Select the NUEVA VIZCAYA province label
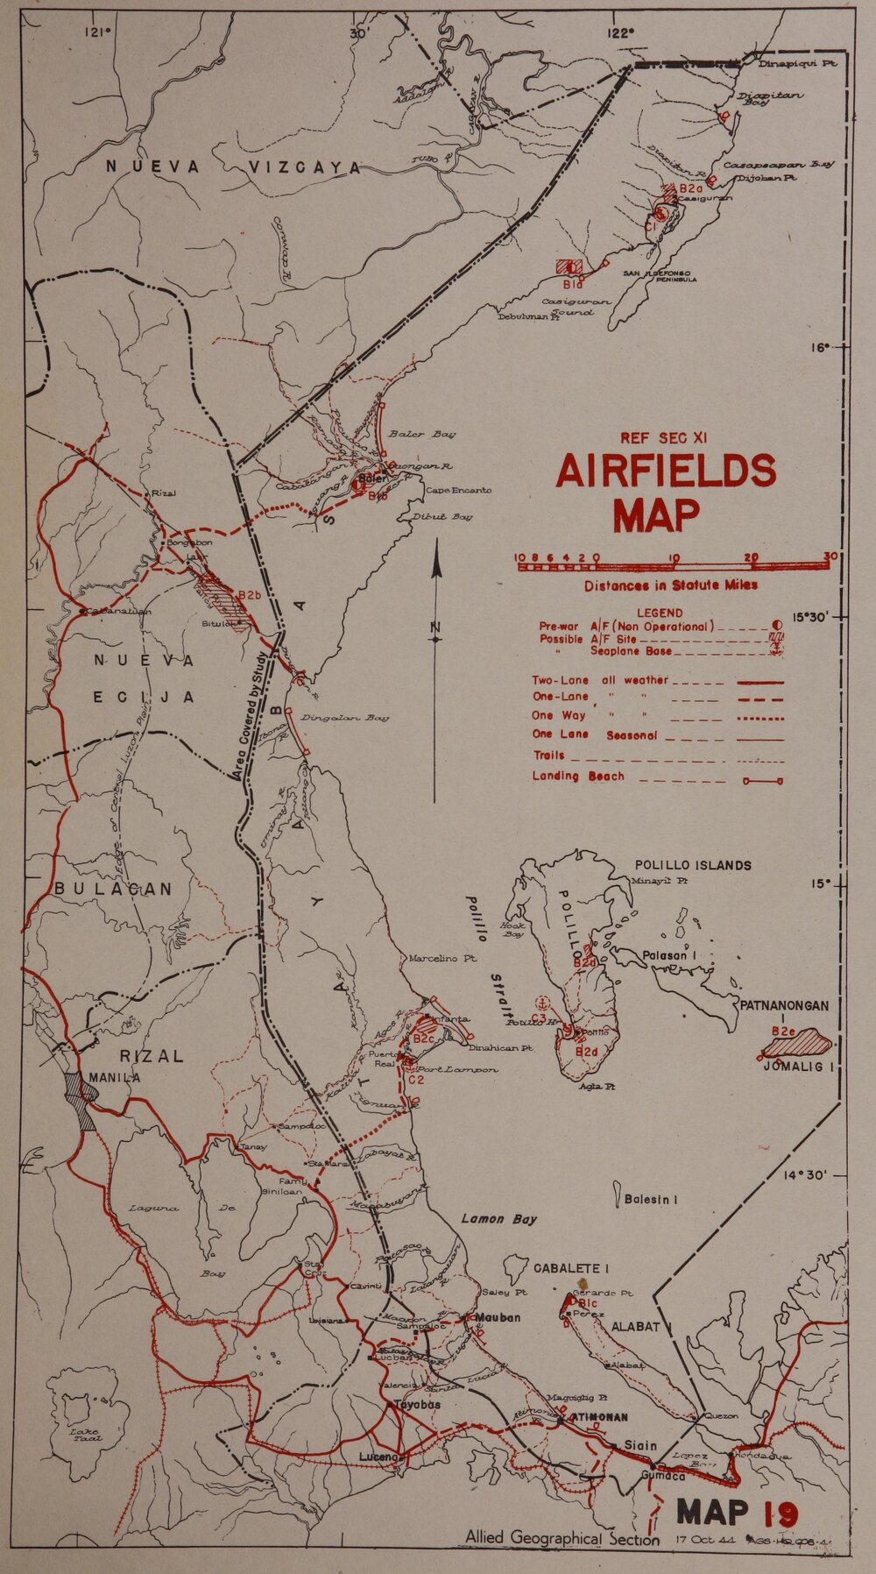pyautogui.click(x=234, y=167)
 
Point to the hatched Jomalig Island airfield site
pyautogui.click(x=799, y=1043)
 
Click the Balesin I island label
pyautogui.click(x=650, y=1200)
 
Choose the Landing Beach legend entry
pyautogui.click(x=578, y=776)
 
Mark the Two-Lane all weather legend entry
pyautogui.click(x=600, y=680)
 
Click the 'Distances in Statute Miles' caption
pyautogui.click(x=671, y=585)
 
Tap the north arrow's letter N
pyautogui.click(x=435, y=627)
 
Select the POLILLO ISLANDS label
pyautogui.click(x=692, y=865)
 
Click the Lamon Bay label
pyautogui.click(x=498, y=1219)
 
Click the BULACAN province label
pyautogui.click(x=113, y=889)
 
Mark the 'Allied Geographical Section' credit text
pyautogui.click(x=562, y=1538)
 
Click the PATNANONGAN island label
pyautogui.click(x=784, y=1005)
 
